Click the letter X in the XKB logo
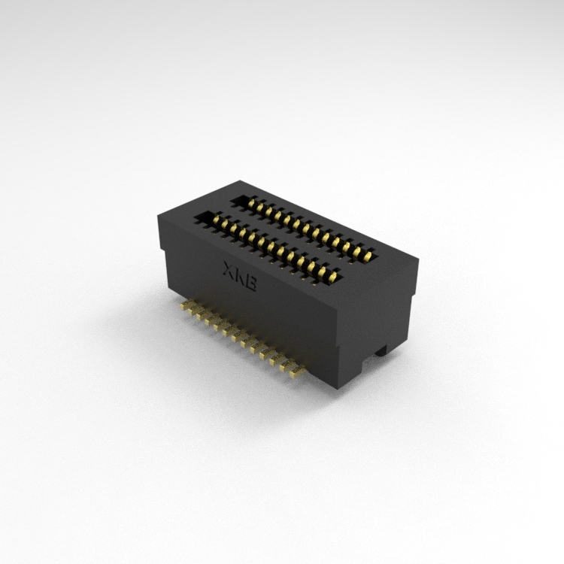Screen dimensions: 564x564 pos(229,269)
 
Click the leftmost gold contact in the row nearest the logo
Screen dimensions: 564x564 pos(217,219)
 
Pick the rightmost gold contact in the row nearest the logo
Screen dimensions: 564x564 pos(333,276)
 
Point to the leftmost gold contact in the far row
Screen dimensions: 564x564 pos(251,203)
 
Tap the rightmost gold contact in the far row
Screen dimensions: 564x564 pos(368,256)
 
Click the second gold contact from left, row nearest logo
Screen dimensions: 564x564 pos(225,223)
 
